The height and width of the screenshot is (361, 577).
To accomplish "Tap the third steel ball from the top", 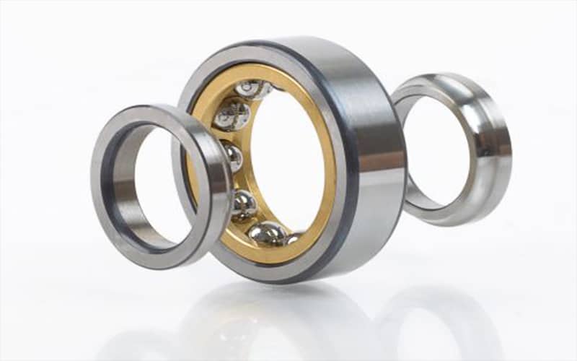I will pyautogui.click(x=232, y=155).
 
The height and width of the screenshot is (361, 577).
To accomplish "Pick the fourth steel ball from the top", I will pyautogui.click(x=243, y=205).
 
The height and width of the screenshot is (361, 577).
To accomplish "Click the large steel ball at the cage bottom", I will pyautogui.click(x=268, y=233).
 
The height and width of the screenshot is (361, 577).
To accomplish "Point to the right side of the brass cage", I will pyautogui.click(x=328, y=166).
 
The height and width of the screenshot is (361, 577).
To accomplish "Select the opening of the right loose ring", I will pyautogui.click(x=433, y=152).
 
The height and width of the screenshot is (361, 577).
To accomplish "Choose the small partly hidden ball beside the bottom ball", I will pyautogui.click(x=293, y=238).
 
